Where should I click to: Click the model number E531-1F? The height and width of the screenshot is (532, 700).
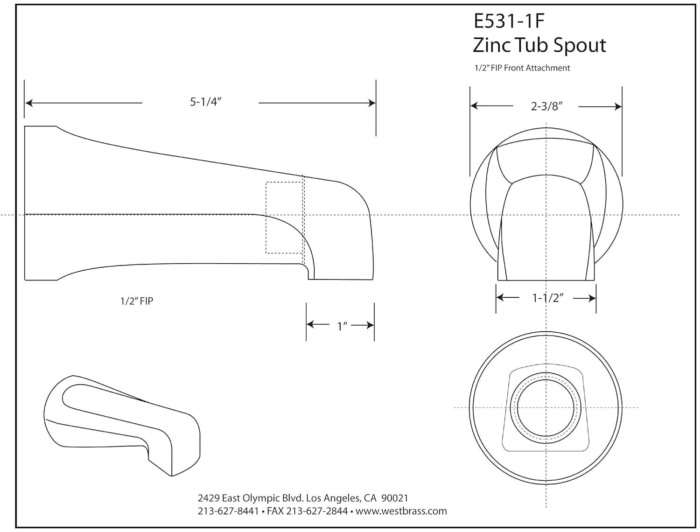(x=509, y=22)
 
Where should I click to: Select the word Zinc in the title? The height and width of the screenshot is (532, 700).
(x=491, y=45)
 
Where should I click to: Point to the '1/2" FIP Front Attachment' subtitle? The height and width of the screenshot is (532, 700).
(x=522, y=68)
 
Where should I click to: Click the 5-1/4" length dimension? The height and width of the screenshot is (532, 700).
(x=205, y=102)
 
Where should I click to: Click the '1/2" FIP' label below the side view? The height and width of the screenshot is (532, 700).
(x=136, y=301)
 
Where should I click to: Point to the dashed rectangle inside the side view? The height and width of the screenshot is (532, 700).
(x=284, y=217)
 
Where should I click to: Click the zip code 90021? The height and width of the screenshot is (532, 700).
(x=395, y=498)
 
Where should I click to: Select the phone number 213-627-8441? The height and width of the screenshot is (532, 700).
(x=228, y=511)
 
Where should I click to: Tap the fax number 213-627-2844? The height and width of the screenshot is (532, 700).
(x=317, y=511)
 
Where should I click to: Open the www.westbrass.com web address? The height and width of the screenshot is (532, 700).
(x=401, y=511)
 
